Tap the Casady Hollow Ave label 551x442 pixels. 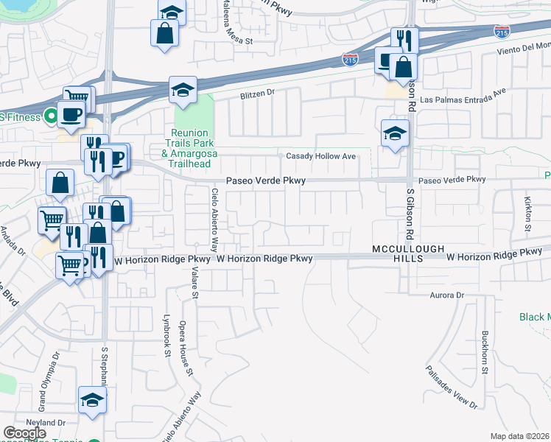pyautogui.click(x=322, y=157)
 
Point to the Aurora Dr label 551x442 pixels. pyautogui.click(x=449, y=295)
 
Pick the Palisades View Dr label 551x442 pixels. pyautogui.click(x=452, y=387)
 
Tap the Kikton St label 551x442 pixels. pyautogui.click(x=527, y=213)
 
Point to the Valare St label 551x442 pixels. pyautogui.click(x=195, y=284)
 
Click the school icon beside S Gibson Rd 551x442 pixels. pyautogui.click(x=395, y=134)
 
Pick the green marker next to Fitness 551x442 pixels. pyautogui.click(x=50, y=116)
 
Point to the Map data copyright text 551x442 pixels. pyautogui.click(x=520, y=436)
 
